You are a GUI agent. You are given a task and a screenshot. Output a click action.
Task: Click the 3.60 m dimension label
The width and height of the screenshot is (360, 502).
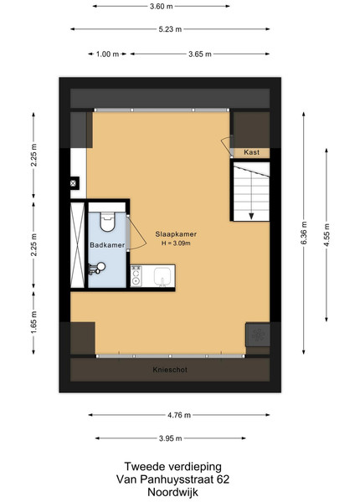(x=162, y=6)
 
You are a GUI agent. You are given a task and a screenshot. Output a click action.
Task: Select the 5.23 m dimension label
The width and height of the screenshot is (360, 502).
(x=170, y=29)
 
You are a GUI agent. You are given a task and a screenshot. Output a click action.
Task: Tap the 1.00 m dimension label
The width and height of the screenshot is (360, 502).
(x=108, y=54)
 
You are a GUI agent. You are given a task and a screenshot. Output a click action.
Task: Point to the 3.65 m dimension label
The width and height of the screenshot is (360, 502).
(x=200, y=54)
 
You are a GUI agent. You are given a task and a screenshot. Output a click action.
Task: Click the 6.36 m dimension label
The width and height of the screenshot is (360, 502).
(x=304, y=233)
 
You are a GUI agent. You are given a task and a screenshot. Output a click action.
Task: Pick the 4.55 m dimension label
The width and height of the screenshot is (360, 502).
(x=327, y=235)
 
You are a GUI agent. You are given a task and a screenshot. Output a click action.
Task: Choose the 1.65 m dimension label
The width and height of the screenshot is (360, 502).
(x=34, y=322)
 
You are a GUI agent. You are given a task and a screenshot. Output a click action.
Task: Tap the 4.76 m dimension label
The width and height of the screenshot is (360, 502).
(x=179, y=415)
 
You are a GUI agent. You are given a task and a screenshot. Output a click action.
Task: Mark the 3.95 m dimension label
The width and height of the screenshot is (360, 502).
(x=171, y=438)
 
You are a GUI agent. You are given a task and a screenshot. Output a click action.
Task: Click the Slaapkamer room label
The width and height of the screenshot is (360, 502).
(x=176, y=234)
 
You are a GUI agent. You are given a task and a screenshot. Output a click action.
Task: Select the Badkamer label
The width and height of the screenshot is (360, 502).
(x=107, y=245)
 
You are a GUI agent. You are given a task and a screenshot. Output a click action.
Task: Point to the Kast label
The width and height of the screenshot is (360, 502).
(x=252, y=152)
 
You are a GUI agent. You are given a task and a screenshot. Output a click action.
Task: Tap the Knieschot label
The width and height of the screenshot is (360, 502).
(x=170, y=370)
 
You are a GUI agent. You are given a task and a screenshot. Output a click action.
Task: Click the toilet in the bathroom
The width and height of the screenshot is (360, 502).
(x=107, y=222)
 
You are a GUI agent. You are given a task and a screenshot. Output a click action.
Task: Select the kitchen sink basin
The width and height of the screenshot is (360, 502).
(x=162, y=276)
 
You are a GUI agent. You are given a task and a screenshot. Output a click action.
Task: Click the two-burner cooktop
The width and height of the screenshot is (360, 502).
(x=136, y=275)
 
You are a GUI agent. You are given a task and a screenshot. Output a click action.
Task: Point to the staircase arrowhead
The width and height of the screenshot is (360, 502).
(x=251, y=217)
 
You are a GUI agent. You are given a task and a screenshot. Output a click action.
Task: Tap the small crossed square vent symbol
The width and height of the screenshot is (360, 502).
(x=73, y=183)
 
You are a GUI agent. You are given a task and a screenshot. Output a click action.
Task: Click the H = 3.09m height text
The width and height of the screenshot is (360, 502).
(x=176, y=243)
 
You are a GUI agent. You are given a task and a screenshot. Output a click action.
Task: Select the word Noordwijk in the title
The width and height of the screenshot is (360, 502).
(x=173, y=492)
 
